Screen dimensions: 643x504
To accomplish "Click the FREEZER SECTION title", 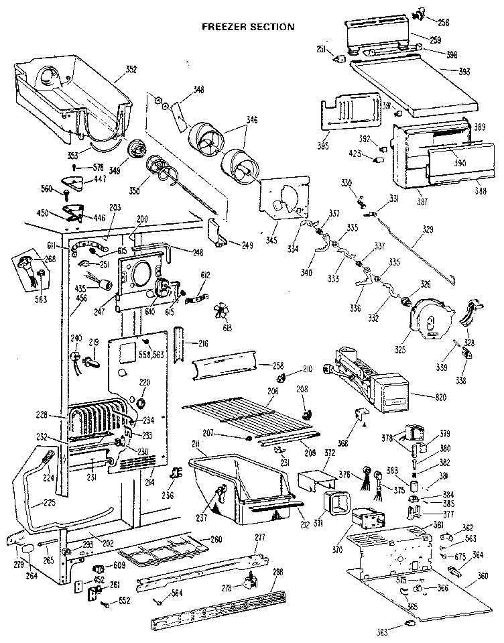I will coord(249,27).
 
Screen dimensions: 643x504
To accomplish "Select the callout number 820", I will coord(422,398).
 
